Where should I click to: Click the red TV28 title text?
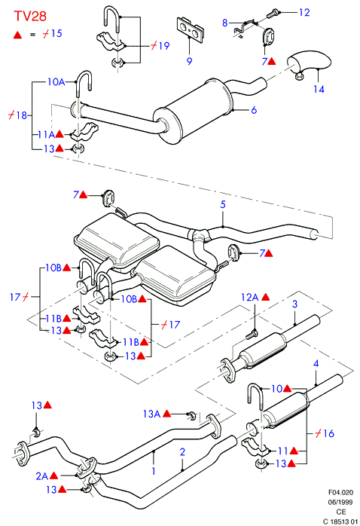(30, 16)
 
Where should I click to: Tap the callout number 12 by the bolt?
(304, 12)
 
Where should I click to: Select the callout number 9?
(189, 61)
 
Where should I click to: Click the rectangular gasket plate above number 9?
(190, 29)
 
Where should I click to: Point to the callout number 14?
(319, 89)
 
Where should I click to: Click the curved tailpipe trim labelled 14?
(309, 63)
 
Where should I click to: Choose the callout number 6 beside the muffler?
(254, 110)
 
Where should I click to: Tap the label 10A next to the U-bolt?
(56, 82)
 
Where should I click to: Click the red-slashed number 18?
(17, 115)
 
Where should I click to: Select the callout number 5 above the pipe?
(223, 204)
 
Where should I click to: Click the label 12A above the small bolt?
(250, 297)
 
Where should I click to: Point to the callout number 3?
(294, 304)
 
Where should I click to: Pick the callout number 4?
(316, 363)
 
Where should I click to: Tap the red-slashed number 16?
(325, 433)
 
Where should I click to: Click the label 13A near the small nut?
(152, 414)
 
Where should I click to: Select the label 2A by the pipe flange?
(42, 476)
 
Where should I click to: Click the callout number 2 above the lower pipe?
(182, 452)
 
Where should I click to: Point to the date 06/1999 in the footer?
(340, 502)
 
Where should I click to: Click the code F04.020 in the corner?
(340, 492)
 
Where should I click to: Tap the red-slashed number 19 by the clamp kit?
(160, 46)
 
